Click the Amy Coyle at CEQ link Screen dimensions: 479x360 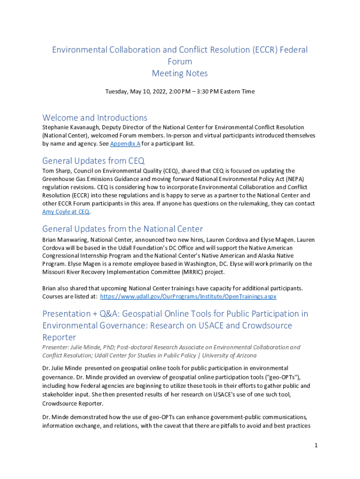[66, 212]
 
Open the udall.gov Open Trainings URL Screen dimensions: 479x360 [188, 297]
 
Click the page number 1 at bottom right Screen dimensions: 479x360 [316, 445]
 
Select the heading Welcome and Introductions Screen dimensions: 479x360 [94, 117]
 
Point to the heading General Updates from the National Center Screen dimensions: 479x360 [122, 229]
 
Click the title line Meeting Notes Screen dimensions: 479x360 [180, 73]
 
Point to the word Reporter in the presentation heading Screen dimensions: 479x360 [59, 337]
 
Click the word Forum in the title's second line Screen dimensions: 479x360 [180, 61]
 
